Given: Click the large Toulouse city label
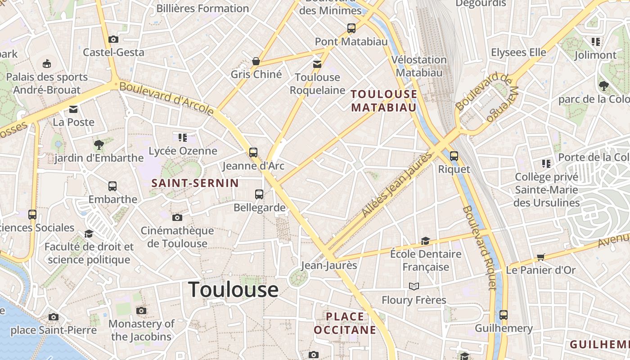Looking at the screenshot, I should point(233,289).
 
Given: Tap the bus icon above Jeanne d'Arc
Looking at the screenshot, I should point(253,152).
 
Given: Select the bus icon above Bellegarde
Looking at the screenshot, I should point(259,194).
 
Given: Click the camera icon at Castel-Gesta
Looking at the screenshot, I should point(113,39).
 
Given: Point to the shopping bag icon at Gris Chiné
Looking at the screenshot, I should point(256,61).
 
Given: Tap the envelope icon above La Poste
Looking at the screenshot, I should point(73,109).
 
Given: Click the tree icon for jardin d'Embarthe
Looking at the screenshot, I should point(99,144).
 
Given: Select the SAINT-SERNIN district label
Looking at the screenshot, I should point(195,183).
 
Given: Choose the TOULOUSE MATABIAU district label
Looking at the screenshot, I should point(384,100).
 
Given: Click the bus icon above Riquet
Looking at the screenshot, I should point(454,156).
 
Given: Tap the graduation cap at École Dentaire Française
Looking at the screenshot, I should point(425,241).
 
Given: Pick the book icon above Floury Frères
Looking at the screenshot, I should point(414,286).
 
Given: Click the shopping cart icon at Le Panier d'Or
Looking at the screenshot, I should point(540,257).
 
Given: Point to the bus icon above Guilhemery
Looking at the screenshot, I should point(504,315).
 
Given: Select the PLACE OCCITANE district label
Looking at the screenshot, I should point(345,323).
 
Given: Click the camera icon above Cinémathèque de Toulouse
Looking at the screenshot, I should point(177,217).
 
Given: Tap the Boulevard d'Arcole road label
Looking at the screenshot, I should point(166,98).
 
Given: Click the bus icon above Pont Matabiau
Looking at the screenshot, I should point(351,28).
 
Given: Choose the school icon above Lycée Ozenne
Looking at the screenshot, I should point(182,137).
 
